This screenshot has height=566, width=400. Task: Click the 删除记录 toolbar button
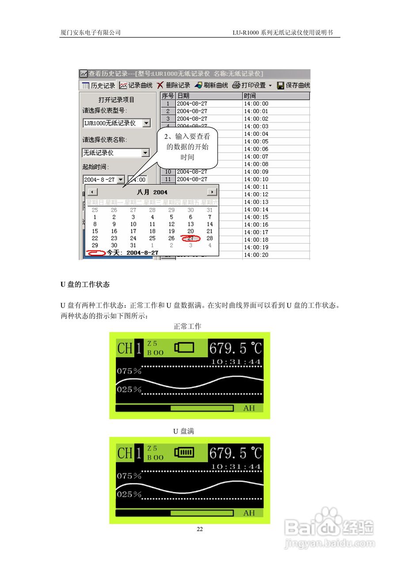coord(173,85)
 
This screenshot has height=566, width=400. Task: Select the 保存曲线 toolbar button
coord(293,85)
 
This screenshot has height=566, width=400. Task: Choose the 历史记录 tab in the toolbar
coord(98,85)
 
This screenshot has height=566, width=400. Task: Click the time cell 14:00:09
coord(256,172)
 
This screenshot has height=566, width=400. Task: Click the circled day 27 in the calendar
coord(190,238)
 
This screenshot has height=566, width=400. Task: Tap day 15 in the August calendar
coord(95,231)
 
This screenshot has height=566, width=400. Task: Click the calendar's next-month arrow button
coord(213,192)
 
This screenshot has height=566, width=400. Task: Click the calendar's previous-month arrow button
coord(92,192)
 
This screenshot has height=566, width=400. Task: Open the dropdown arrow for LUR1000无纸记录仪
coord(146,123)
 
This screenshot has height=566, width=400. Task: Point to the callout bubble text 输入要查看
coord(188,137)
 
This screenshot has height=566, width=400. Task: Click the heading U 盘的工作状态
coord(85,284)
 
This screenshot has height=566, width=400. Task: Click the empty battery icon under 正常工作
coord(184,348)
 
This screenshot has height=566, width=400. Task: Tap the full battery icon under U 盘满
coord(184,452)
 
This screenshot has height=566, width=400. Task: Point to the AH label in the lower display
coord(249,513)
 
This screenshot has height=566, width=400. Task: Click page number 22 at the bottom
coord(200,529)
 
